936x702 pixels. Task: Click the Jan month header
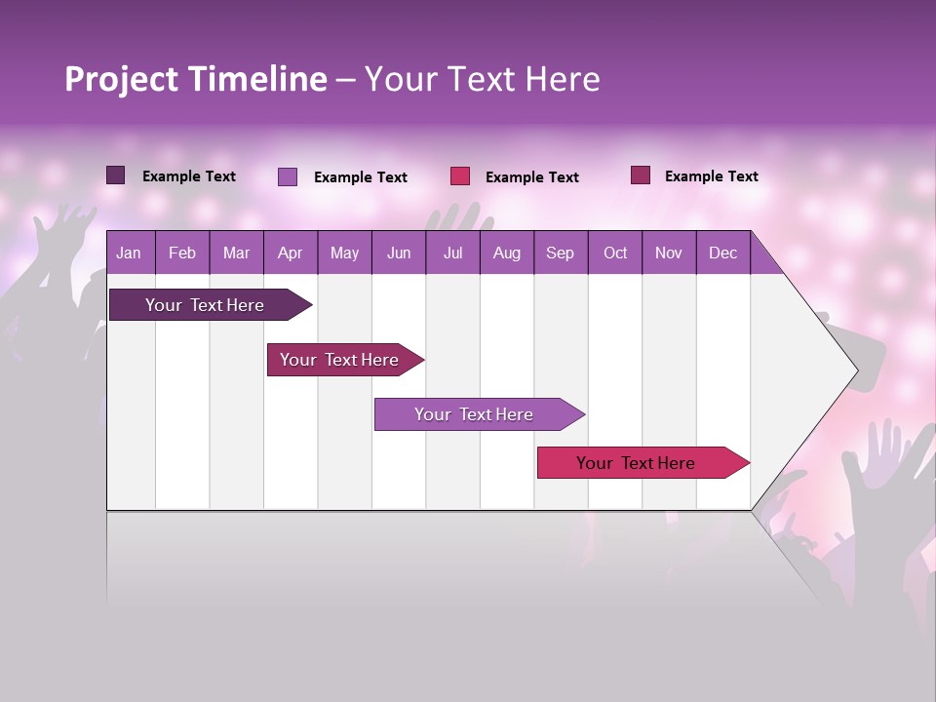coord(129,253)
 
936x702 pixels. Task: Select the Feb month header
coord(182,253)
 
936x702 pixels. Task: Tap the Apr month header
coord(290,253)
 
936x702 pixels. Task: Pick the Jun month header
coord(399,253)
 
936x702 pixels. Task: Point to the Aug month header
coord(506,253)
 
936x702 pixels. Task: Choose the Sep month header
coord(560,253)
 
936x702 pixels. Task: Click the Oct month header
coord(615,253)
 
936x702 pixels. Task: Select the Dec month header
coord(722,253)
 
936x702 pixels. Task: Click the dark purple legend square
coord(116,175)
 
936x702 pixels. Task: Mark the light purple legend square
coord(288,176)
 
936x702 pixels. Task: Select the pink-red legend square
coord(460,175)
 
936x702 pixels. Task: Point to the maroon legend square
coord(641,175)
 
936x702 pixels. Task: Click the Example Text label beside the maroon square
coord(711,176)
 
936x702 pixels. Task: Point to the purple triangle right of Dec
coord(763,259)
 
